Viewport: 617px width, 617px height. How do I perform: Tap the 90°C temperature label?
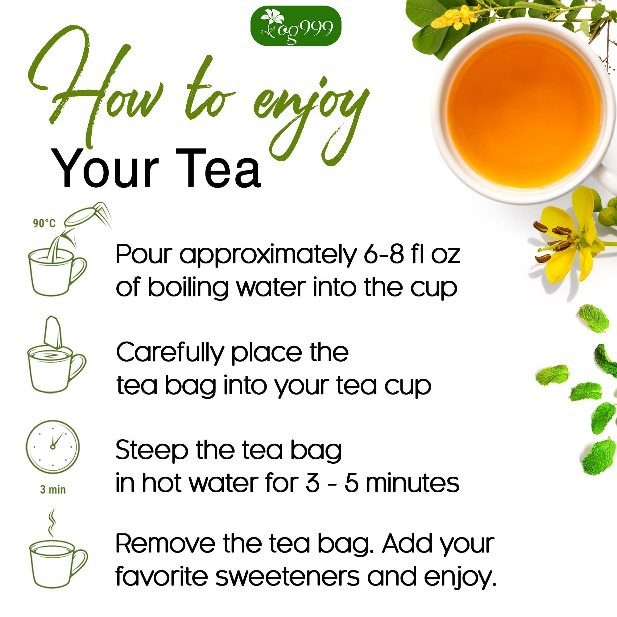[44, 223]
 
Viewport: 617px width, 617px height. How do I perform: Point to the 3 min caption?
[53, 490]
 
